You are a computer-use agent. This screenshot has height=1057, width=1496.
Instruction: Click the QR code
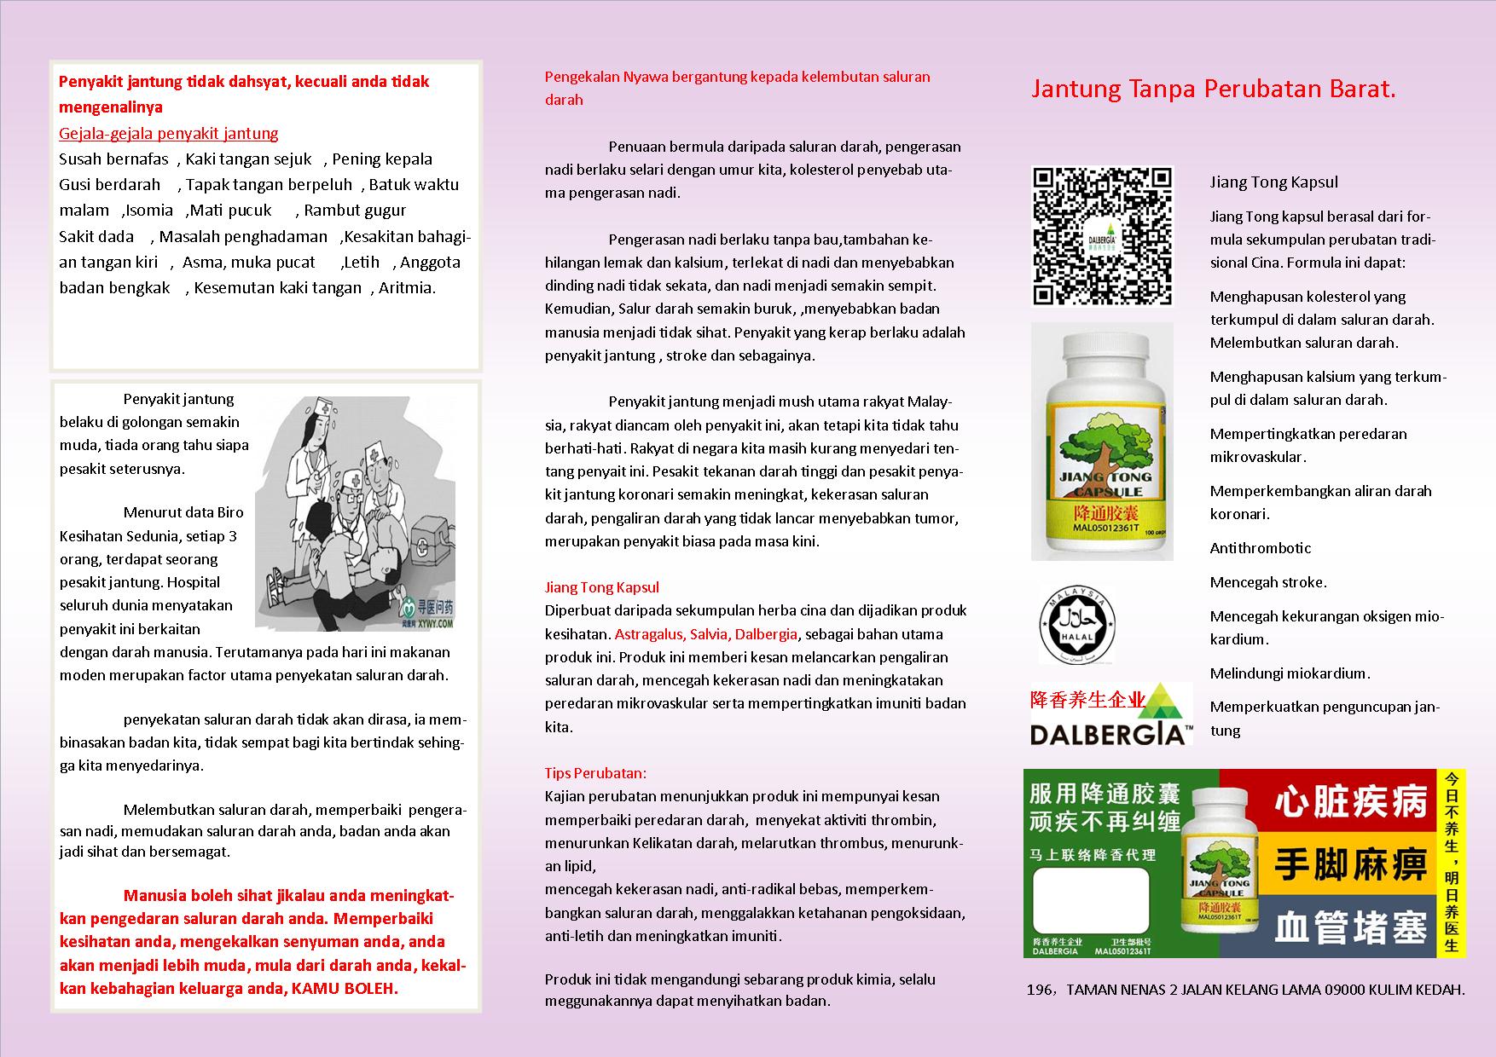[x=1103, y=235]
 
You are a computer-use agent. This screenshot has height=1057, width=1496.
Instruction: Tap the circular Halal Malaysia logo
[x=1076, y=624]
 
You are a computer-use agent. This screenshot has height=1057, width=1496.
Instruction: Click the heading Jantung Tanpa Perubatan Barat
[x=1213, y=90]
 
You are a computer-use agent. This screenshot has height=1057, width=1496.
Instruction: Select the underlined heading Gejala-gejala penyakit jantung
[x=169, y=134]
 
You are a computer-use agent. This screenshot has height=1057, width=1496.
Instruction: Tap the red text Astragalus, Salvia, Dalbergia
[x=705, y=634]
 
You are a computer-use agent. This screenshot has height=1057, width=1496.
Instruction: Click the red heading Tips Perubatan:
[x=595, y=773]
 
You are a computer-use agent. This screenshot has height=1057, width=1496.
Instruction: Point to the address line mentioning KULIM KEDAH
[x=1245, y=990]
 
